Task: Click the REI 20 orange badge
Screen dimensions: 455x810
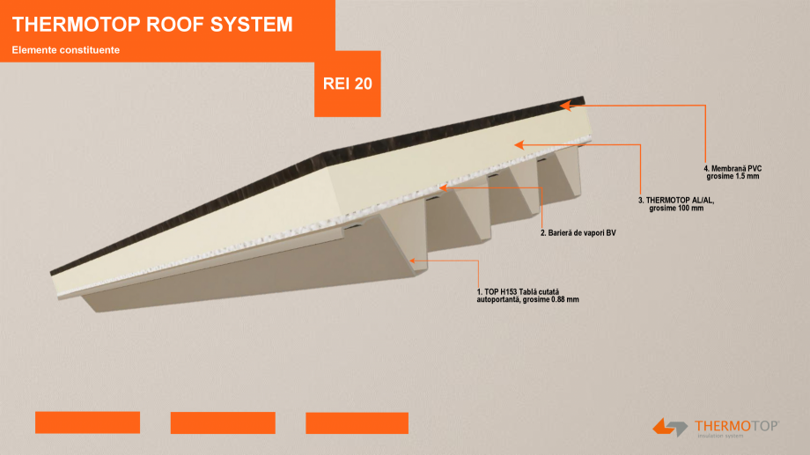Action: pyautogui.click(x=348, y=84)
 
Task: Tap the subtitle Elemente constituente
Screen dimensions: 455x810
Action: pyautogui.click(x=66, y=50)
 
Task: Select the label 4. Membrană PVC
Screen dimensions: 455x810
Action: pyautogui.click(x=732, y=169)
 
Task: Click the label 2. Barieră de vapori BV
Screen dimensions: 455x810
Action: pyautogui.click(x=577, y=233)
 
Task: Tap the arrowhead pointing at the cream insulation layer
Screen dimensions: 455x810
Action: pyautogui.click(x=519, y=143)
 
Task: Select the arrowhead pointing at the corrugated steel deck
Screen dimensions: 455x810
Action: pyautogui.click(x=412, y=261)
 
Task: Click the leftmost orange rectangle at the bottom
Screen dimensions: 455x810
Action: pyautogui.click(x=87, y=422)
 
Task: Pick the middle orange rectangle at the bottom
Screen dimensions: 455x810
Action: pyautogui.click(x=223, y=422)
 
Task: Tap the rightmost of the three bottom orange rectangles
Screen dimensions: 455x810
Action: pyautogui.click(x=357, y=422)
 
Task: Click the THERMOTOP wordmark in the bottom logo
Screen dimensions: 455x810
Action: pyautogui.click(x=738, y=426)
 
